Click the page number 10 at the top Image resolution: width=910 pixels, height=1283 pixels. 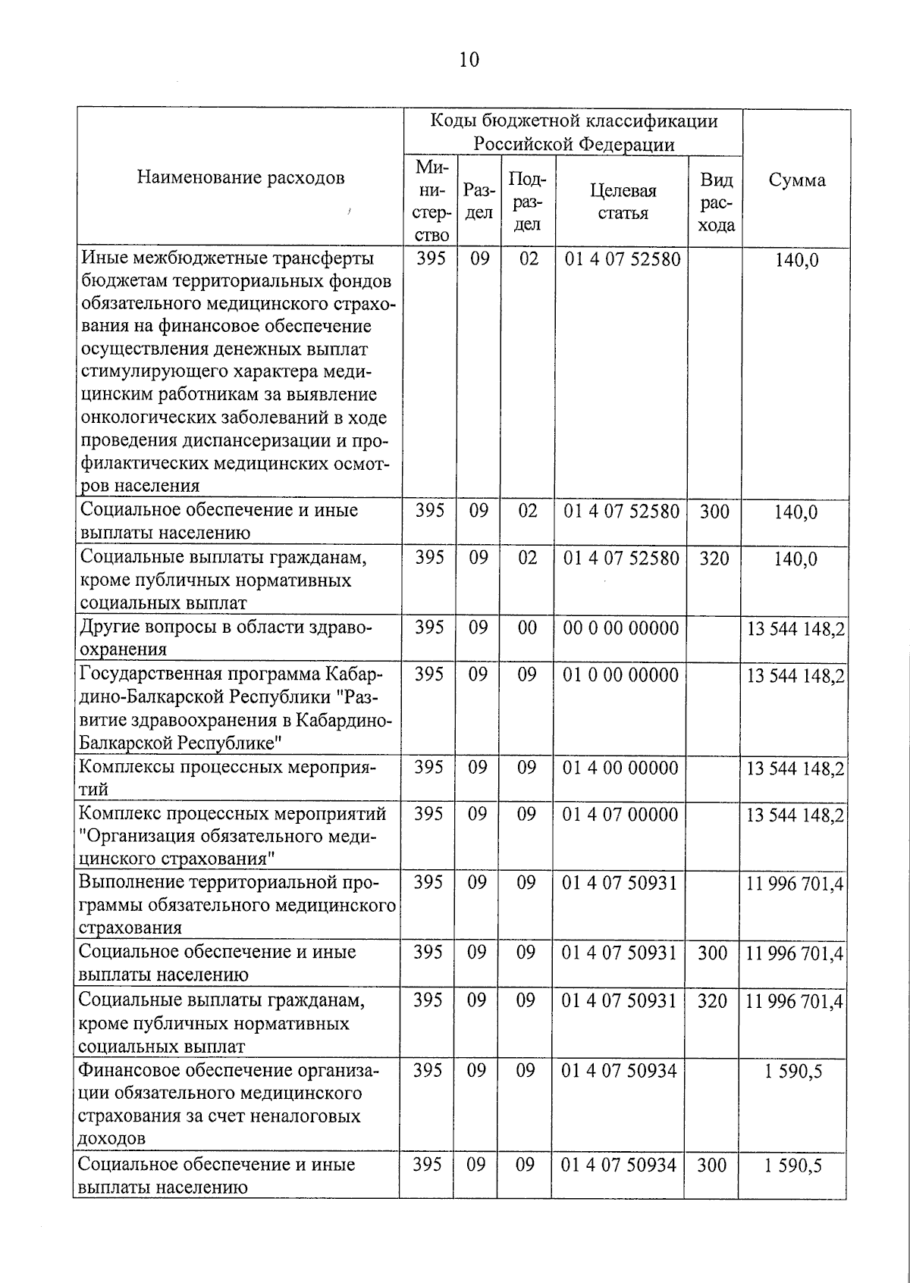tap(469, 59)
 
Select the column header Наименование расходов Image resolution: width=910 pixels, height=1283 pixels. tap(240, 177)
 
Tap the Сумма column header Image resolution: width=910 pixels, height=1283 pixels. tap(796, 180)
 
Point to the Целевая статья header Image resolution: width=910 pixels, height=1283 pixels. tap(623, 202)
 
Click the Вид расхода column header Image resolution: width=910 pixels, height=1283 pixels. tap(716, 202)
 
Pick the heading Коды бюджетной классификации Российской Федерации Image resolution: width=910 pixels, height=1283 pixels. tap(573, 133)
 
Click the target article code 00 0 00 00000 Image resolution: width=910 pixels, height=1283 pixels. tap(621, 627)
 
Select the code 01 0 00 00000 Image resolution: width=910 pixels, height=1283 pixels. tap(621, 674)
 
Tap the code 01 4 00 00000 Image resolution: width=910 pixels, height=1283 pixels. tap(620, 767)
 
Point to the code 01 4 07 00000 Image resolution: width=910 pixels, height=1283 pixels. tap(620, 814)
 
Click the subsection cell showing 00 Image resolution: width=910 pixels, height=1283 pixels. tap(527, 627)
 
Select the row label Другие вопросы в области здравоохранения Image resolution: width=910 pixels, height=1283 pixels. tap(226, 638)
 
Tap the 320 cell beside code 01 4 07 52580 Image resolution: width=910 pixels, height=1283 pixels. tap(714, 558)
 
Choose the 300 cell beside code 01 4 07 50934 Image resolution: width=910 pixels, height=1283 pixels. tap(711, 1164)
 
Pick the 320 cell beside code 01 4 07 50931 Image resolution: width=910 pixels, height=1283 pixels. tap(712, 1000)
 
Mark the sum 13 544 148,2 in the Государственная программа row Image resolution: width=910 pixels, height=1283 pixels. tap(795, 674)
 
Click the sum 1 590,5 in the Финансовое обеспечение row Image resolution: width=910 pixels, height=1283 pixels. tap(793, 1072)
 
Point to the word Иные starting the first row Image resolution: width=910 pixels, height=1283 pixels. tap(103, 258)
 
